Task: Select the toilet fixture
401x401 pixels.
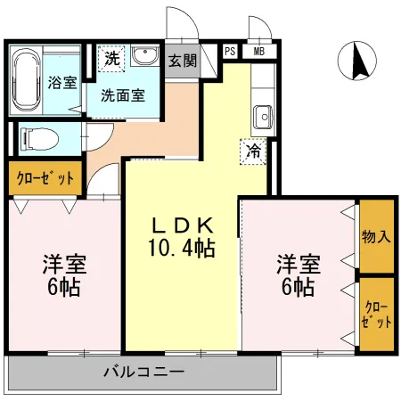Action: click(x=38, y=139)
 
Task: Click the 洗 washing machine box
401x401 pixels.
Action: click(x=111, y=59)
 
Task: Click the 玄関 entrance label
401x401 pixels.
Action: click(x=183, y=62)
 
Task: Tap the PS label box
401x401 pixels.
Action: click(x=230, y=51)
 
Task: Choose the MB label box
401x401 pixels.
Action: click(x=259, y=51)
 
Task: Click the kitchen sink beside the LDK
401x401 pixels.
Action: click(x=261, y=116)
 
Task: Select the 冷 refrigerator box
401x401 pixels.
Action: click(x=254, y=151)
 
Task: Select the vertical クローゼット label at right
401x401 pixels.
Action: click(x=377, y=315)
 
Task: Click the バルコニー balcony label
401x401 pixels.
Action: click(x=143, y=371)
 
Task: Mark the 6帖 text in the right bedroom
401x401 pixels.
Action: click(x=298, y=287)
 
